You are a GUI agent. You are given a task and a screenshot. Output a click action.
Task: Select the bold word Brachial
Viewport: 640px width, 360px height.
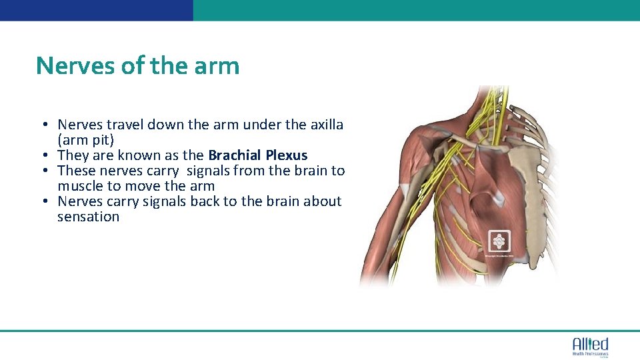coord(235,155)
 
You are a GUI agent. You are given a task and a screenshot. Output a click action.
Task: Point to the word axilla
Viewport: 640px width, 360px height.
coord(326,124)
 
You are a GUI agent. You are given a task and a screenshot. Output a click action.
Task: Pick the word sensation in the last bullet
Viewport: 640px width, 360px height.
coord(88,217)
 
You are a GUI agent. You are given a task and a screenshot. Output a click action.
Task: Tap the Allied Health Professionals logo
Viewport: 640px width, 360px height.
coord(590,346)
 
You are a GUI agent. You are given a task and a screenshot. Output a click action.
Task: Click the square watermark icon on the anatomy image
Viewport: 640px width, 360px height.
coord(499,241)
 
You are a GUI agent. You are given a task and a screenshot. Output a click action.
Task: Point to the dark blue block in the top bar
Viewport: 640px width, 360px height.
coord(97,10)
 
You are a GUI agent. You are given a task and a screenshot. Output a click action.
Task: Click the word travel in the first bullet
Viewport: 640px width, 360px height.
coord(122,124)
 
